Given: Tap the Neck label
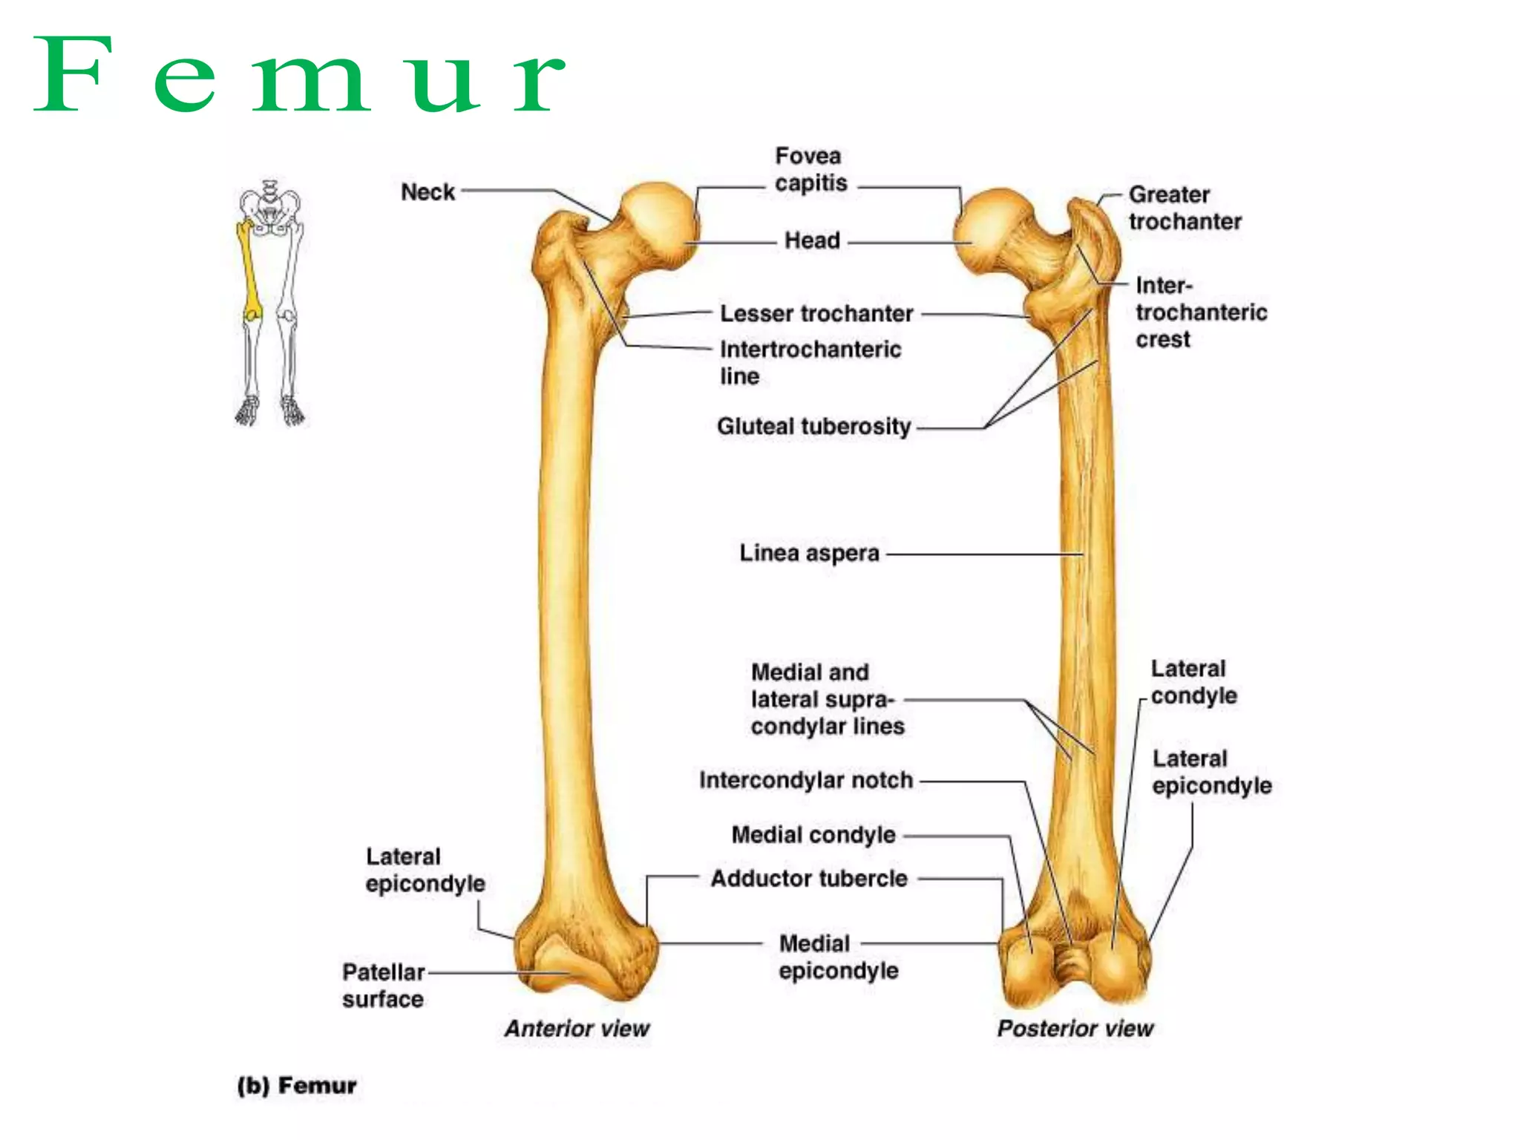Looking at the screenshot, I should point(427,192).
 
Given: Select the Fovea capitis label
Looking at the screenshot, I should point(810,170).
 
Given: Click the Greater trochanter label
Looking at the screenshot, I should point(1185,208).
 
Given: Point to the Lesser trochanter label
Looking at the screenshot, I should point(816,314).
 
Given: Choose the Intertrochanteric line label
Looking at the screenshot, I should point(810,362).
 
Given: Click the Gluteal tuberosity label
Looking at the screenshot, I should point(813,427).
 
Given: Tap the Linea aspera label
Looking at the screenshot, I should point(809,554).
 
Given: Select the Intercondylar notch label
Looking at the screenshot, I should point(806,781).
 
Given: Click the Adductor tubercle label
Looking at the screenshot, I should point(809,879).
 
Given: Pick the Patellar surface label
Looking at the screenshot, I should point(383,986).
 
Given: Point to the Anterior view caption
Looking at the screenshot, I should point(577,1029).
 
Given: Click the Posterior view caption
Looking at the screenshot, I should point(1075,1029).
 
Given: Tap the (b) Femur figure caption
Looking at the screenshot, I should point(297,1086).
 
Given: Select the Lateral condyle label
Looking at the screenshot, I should point(1193,682).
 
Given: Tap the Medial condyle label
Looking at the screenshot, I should point(813,835).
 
